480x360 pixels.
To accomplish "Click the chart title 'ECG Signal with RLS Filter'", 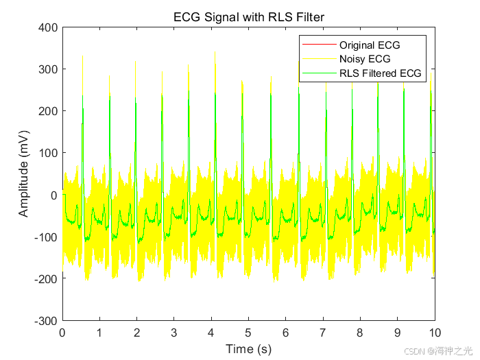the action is point(248,17).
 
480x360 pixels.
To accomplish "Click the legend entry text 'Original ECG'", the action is point(370,45).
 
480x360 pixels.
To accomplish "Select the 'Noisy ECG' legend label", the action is point(365,59).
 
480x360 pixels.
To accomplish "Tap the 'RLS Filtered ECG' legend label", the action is point(380,73).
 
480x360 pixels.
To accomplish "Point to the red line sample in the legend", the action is point(319,45).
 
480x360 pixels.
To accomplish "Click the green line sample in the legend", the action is point(319,73).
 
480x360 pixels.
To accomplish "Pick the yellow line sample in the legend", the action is point(319,59).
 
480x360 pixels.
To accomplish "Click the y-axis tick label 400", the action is point(48,27).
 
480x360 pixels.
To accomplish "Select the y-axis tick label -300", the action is point(46,321).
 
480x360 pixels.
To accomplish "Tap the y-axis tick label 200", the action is point(48,111).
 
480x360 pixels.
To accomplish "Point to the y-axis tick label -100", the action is point(46,237).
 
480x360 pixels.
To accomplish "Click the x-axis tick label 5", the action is point(248,333).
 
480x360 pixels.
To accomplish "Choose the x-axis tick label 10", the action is point(435,333).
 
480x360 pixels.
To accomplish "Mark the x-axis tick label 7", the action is point(323,333).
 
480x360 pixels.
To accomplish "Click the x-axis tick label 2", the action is point(136,333).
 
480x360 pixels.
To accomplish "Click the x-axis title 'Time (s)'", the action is point(248,349).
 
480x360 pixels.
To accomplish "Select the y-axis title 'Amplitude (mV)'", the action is point(23,173).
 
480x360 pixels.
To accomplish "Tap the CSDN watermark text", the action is point(438,351).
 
